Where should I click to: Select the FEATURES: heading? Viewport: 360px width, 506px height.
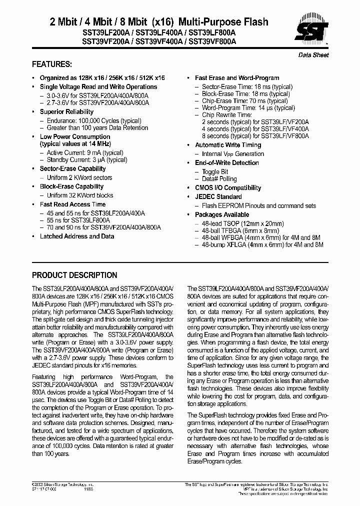click(51, 64)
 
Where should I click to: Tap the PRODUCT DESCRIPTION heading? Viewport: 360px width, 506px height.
click(74, 275)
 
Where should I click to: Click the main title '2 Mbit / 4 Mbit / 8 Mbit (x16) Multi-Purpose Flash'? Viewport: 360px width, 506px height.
click(159, 22)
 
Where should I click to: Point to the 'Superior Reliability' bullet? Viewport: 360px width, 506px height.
click(66, 112)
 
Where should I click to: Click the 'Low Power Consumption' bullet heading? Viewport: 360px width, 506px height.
click(75, 136)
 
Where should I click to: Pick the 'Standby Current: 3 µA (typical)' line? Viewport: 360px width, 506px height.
click(87, 160)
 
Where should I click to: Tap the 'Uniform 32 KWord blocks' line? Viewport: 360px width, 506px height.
click(80, 195)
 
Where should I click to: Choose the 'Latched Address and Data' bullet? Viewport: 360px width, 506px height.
click(77, 236)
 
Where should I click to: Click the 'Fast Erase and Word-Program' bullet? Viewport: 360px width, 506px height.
click(236, 78)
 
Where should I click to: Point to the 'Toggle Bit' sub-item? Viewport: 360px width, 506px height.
click(215, 172)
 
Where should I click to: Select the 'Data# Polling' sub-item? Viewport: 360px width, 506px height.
click(219, 179)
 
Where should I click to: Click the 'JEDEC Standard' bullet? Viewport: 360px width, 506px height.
click(218, 197)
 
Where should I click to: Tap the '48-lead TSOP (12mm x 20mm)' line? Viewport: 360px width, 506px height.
click(242, 223)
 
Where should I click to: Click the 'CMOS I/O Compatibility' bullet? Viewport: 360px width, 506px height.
click(227, 188)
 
